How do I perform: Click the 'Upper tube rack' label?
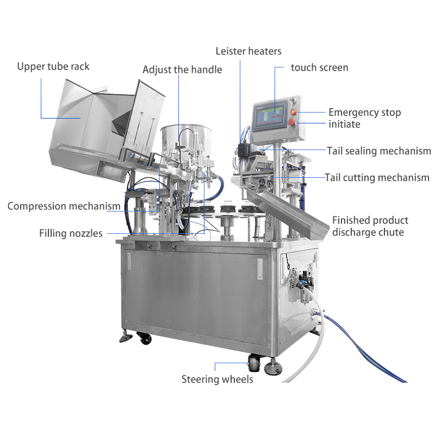coord(53,66)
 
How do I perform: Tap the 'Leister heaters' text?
coord(248,51)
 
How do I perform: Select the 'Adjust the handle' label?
coord(182,70)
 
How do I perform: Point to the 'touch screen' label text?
coord(320,67)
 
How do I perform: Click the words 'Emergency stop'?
coord(365,113)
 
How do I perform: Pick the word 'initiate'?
coord(344,124)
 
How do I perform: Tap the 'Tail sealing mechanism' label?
coord(379,151)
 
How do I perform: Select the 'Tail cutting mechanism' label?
coord(377,178)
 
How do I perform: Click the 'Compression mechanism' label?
coord(64,206)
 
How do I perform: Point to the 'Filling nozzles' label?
coord(71,233)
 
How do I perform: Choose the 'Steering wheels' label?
coord(217,379)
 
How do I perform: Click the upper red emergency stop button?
coord(293,112)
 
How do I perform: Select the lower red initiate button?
coord(291,122)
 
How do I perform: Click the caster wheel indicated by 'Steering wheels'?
coord(254,363)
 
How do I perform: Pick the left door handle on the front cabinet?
coord(129,261)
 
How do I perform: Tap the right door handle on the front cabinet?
coord(260,269)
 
